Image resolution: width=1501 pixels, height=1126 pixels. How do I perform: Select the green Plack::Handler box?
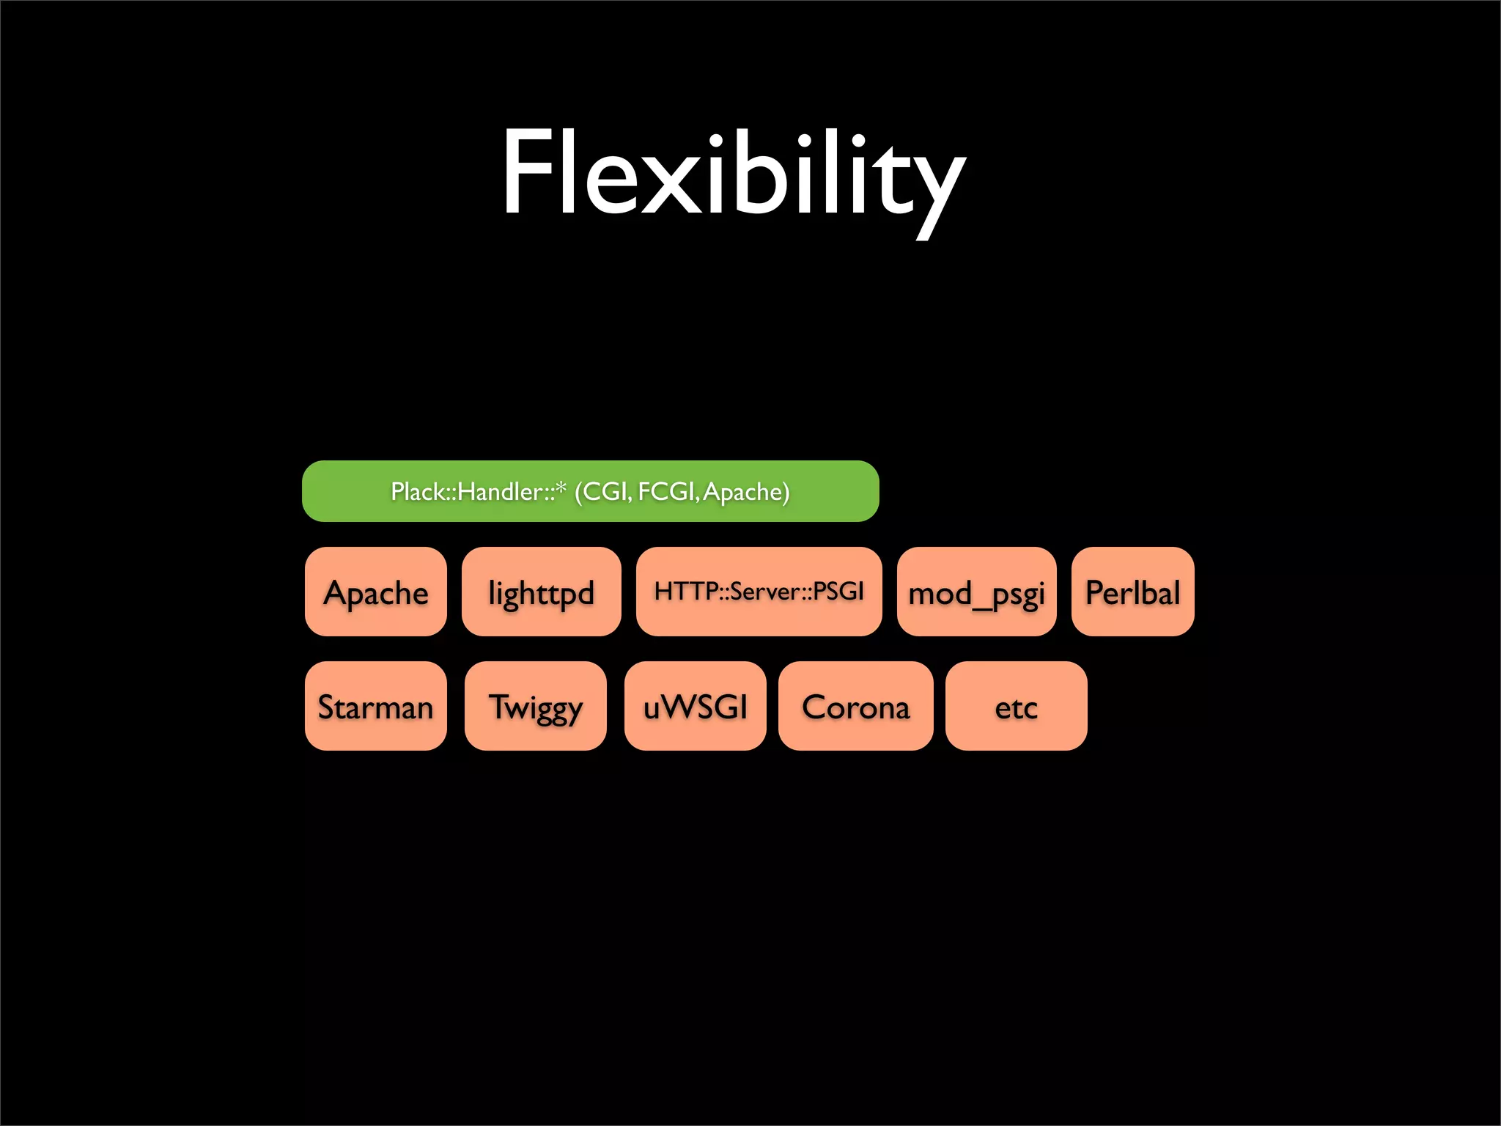point(590,491)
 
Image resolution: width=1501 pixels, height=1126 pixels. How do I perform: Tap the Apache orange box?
point(375,592)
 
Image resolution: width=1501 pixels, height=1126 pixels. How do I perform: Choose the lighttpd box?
point(541,592)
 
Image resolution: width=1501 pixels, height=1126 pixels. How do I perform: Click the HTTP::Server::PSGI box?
point(759,592)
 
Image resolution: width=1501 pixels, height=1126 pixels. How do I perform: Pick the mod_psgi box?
point(976,592)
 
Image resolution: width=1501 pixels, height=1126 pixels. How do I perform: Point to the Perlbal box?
point(1132,592)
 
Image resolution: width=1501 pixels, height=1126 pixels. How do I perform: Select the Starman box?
point(375,706)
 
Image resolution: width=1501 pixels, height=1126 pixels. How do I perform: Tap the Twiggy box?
point(535,706)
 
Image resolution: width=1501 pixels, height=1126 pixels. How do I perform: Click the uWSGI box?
point(695,706)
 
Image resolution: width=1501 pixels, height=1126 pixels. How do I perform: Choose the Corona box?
point(855,706)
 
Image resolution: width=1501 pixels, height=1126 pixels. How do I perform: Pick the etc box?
point(1016,706)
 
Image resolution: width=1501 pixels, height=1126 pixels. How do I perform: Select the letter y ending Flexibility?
point(934,187)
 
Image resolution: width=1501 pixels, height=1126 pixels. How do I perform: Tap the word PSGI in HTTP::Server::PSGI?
point(838,591)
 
